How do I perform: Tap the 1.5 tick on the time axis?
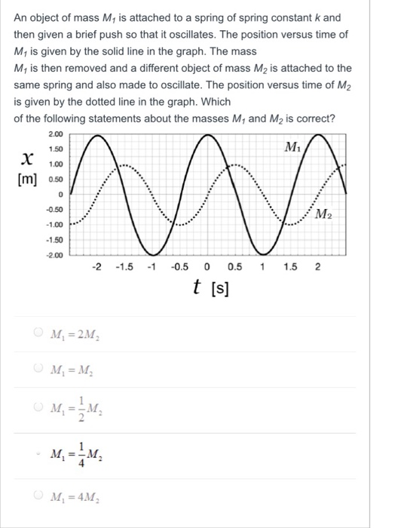290,267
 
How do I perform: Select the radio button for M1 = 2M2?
37,336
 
